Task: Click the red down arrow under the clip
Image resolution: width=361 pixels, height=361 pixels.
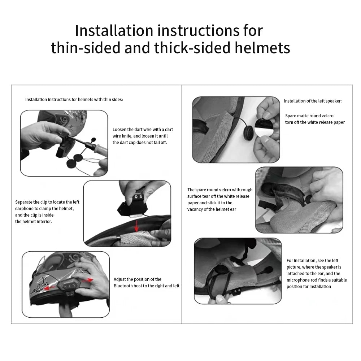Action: pos(136,227)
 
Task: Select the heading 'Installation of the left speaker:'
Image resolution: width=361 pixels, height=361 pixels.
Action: pos(312,101)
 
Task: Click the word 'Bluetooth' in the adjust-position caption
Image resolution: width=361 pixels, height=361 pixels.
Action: pos(125,286)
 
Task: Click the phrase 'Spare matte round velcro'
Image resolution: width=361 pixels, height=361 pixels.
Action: pos(309,116)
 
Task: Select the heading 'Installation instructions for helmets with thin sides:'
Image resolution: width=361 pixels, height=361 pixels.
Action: pos(74,99)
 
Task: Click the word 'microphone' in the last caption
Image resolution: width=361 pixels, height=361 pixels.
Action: pos(299,280)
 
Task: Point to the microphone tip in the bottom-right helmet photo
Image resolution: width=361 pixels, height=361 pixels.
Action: pos(269,270)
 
